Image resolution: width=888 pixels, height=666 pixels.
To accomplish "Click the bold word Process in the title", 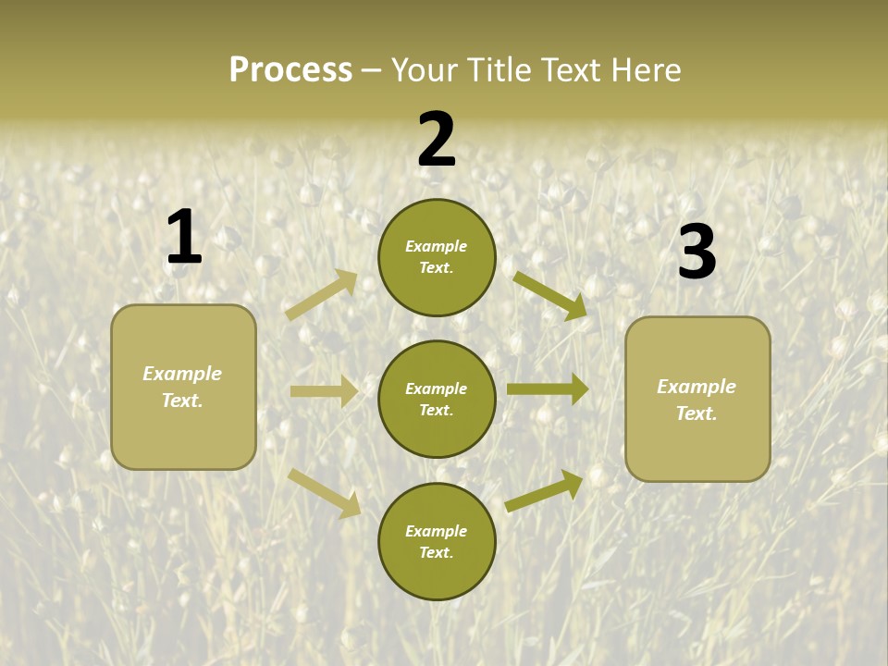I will click(290, 70).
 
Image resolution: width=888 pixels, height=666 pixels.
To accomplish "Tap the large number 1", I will click(183, 237).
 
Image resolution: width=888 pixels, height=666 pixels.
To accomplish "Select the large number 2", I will click(437, 140).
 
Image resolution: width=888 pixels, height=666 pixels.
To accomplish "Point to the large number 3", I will click(697, 252).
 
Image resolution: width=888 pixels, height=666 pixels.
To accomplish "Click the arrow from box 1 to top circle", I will click(322, 294).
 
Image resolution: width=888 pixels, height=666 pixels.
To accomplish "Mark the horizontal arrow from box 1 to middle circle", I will click(324, 391).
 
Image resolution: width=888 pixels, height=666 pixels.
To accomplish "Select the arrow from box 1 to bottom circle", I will click(324, 493).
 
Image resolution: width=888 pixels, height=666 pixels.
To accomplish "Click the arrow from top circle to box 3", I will click(550, 296).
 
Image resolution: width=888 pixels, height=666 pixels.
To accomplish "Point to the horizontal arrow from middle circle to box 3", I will click(547, 388).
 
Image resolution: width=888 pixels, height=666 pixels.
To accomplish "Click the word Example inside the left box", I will click(182, 374).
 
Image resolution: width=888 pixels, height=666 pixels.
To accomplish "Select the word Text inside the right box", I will click(697, 413).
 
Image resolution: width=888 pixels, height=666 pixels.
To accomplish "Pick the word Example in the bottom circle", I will click(437, 531).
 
